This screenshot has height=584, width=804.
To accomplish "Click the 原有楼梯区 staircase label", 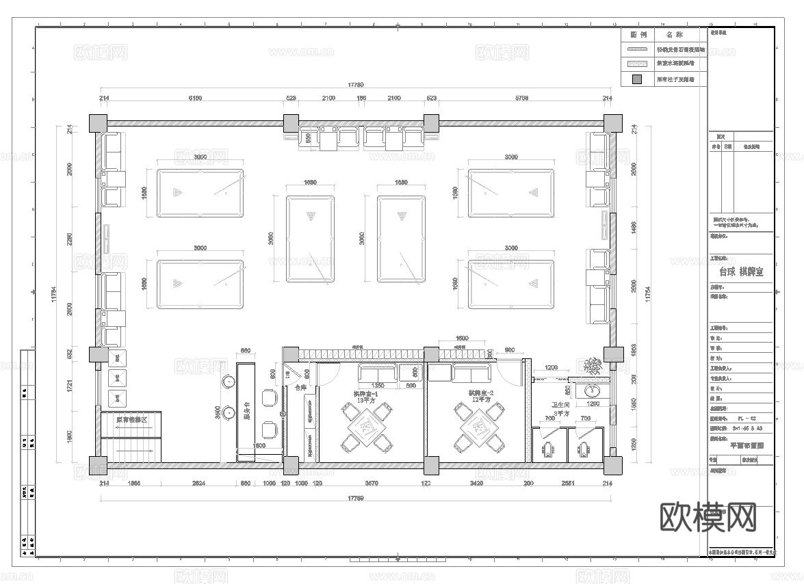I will [x=131, y=420].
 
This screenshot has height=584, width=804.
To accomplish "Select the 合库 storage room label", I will [x=300, y=387].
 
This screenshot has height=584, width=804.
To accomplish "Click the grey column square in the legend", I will [x=636, y=79].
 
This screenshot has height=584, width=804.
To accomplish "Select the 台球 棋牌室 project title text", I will [x=740, y=271].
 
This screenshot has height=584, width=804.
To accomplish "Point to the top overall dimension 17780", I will [x=355, y=85].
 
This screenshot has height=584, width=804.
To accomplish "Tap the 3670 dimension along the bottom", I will [x=370, y=483].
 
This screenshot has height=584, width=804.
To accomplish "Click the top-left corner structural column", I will [x=98, y=123].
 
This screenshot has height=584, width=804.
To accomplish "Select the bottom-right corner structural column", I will [x=612, y=466].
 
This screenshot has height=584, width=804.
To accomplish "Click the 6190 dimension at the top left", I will [x=194, y=98].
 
